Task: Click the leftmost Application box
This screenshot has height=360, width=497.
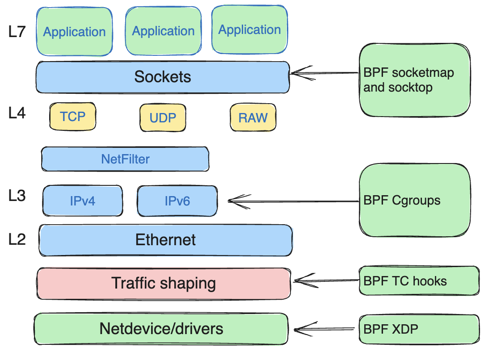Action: click(74, 32)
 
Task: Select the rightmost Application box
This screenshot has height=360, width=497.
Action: click(249, 30)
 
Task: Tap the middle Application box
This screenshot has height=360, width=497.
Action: click(163, 31)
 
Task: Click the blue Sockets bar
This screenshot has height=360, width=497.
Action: click(163, 77)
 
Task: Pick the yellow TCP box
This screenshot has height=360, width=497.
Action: click(73, 117)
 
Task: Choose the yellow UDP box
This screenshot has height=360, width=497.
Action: click(163, 118)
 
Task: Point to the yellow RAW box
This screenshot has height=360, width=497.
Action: click(253, 118)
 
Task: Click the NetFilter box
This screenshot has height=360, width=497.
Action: click(125, 159)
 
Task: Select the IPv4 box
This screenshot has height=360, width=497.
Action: click(83, 201)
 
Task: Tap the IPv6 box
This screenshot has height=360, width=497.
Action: click(177, 201)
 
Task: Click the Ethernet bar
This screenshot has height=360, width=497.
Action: click(165, 240)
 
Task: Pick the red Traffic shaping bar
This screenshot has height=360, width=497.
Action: click(164, 283)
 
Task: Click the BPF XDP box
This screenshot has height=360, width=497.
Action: click(419, 330)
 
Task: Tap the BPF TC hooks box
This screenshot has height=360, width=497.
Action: click(419, 281)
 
